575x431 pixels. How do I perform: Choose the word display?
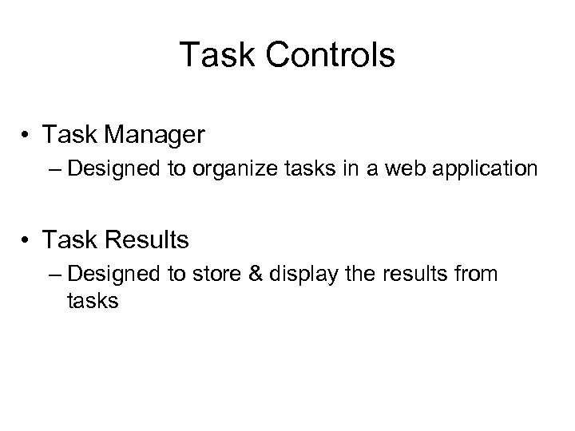pos(301,274)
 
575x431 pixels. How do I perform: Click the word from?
pos(477,274)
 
